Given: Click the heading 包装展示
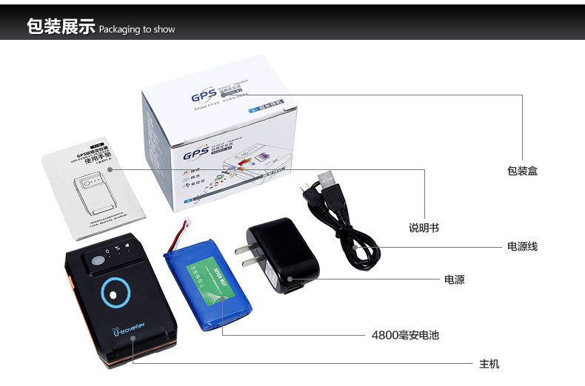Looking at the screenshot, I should click(x=61, y=27).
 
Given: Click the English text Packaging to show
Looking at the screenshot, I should click(x=137, y=30).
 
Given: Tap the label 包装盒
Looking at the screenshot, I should click(x=522, y=171).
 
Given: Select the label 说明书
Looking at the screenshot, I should click(x=424, y=228).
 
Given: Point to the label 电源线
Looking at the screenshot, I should click(x=522, y=246).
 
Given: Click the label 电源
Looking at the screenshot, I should click(x=454, y=280).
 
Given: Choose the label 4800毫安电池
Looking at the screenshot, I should click(x=405, y=335).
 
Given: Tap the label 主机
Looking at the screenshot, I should click(x=489, y=364).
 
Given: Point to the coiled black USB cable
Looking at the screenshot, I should click(x=348, y=229).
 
